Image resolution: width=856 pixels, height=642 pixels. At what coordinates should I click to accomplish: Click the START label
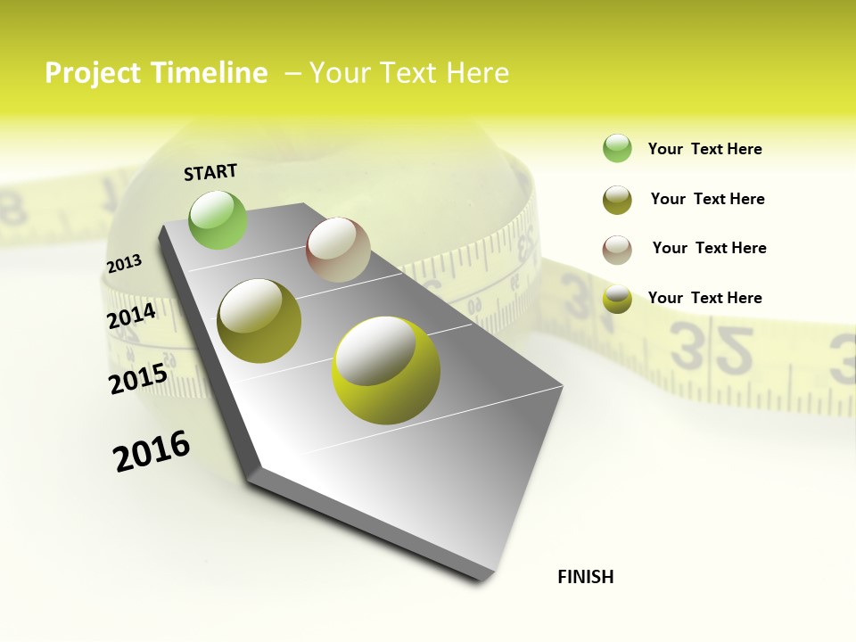210,172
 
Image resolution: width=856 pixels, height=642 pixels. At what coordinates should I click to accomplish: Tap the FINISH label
586,577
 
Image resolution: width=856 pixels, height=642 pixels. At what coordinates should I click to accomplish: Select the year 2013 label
124,264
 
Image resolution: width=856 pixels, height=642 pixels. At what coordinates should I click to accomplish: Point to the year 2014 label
131,316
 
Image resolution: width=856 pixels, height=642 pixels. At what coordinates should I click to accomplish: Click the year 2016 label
152,451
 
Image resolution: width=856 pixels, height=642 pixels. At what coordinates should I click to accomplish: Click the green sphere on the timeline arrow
218,219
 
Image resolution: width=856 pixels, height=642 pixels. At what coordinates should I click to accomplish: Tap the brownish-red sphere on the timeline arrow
338,250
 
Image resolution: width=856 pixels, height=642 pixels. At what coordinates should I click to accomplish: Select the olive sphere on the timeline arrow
259,321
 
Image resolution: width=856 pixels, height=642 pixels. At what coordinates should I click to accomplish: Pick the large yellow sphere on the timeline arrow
386,370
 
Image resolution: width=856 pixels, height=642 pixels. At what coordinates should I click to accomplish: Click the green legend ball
617,148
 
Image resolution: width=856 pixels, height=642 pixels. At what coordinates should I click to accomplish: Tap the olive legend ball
617,200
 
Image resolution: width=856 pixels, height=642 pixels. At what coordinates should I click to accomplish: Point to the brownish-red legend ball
617,250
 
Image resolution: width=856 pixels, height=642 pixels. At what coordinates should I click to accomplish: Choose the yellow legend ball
617,299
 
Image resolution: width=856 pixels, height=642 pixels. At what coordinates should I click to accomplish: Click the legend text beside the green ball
704,149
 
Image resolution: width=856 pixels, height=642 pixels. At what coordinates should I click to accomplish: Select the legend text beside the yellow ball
704,298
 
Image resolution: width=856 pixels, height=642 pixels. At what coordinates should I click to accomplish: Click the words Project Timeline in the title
156,73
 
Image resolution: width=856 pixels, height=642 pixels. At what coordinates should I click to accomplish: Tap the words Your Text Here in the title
408,73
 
